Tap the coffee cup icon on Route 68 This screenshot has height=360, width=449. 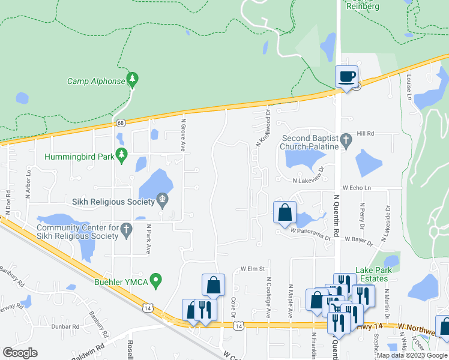346,77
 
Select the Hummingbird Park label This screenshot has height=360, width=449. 79,157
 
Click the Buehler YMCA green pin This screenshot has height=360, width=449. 156,279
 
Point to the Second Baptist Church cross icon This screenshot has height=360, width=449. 346,140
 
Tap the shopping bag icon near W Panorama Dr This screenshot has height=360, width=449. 285,212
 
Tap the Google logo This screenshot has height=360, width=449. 20,352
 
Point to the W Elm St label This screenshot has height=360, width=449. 253,269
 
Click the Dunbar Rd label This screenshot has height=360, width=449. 66,326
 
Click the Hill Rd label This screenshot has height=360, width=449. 365,133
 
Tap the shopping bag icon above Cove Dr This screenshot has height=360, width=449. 213,285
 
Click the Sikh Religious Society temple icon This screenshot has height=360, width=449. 162,199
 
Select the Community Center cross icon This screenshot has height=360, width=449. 126,229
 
